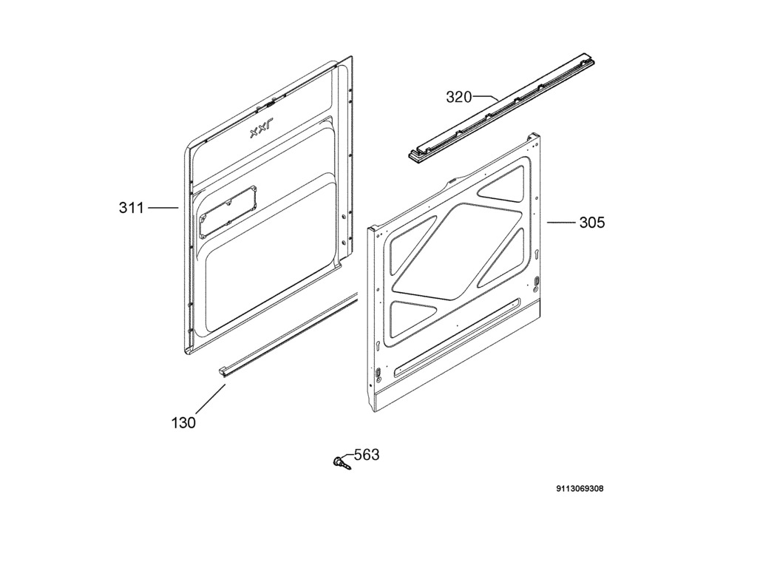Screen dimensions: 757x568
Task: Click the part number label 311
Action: click(132, 208)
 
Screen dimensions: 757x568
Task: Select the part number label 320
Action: click(458, 97)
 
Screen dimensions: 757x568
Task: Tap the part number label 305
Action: click(592, 223)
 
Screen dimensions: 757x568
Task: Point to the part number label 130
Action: click(183, 423)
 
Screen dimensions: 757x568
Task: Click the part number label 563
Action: click(367, 455)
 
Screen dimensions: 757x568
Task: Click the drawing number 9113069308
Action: click(580, 489)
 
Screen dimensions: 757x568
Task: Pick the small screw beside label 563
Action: click(342, 462)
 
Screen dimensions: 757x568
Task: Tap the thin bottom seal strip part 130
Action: click(288, 335)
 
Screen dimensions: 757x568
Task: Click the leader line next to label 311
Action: click(163, 208)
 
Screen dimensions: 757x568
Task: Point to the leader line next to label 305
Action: click(561, 222)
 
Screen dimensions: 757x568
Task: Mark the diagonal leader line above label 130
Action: click(211, 398)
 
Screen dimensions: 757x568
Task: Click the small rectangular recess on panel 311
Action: click(228, 212)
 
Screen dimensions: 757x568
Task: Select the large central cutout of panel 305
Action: click(457, 251)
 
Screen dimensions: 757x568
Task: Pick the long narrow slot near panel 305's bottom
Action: click(457, 337)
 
